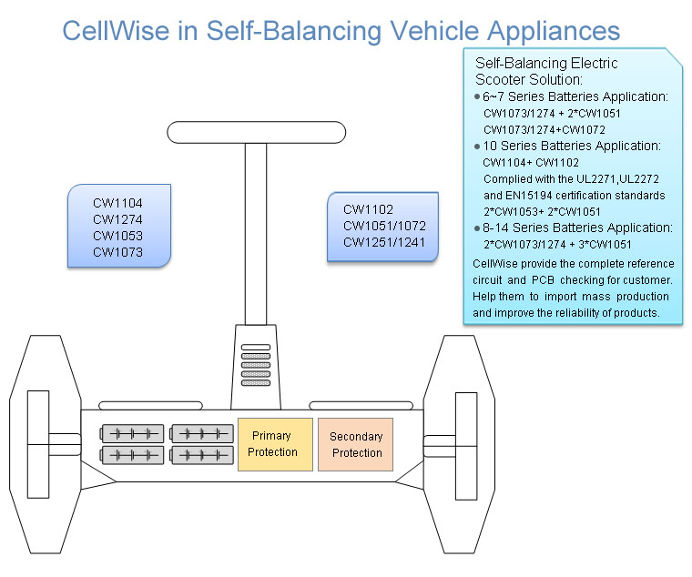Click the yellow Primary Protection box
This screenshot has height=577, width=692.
click(275, 444)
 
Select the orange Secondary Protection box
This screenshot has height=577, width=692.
click(356, 444)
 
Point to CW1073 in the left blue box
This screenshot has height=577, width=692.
click(117, 252)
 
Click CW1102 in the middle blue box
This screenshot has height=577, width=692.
click(368, 208)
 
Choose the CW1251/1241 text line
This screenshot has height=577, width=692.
click(384, 242)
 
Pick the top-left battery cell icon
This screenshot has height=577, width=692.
click(132, 433)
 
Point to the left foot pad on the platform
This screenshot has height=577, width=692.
click(150, 405)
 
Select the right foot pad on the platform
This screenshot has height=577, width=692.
click(361, 405)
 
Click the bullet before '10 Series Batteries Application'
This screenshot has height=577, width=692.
click(477, 146)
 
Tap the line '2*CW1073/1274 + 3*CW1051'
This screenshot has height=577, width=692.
click(558, 244)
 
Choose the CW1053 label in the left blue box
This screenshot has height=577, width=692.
click(117, 236)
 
